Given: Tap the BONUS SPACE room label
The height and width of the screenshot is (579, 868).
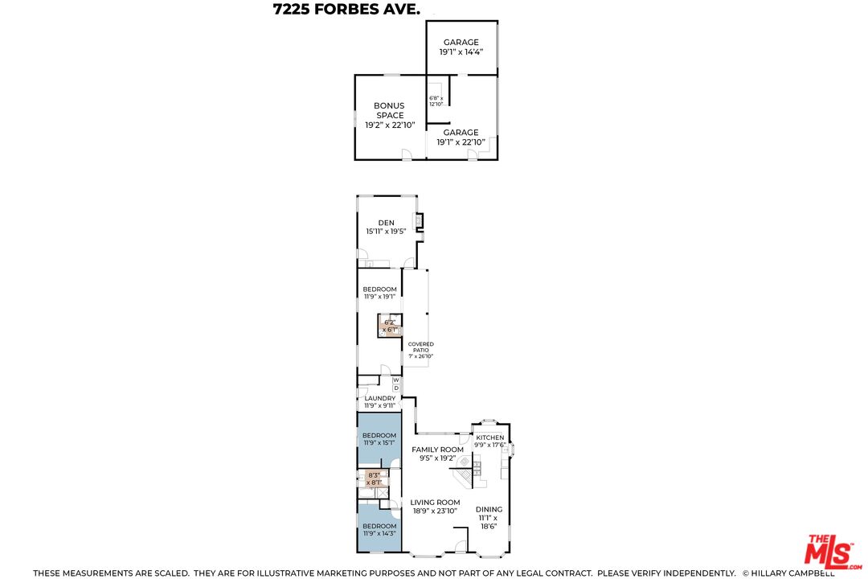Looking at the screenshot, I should (389, 115).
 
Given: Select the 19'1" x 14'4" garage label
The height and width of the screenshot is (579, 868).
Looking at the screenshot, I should (461, 47).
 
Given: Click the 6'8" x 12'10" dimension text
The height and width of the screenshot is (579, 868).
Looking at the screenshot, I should (436, 101).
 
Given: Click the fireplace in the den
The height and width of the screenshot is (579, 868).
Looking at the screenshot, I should (418, 220).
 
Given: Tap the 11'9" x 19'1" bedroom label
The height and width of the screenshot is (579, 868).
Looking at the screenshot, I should (379, 293).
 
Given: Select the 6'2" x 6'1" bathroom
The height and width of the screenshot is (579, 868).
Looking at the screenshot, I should (390, 326).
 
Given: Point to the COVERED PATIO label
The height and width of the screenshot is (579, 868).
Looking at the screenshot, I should (420, 350).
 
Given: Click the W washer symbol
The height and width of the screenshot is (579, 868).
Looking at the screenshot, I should (395, 380).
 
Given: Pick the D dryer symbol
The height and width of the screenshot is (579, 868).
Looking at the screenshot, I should (395, 388).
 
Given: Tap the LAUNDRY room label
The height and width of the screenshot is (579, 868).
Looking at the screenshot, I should (379, 401).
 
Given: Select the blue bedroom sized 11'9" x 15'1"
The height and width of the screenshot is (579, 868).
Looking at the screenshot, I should (379, 439).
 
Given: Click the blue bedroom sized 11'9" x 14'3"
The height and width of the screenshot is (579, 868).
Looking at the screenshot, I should (379, 529).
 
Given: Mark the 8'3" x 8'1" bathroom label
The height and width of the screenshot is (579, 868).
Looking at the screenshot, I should (373, 479).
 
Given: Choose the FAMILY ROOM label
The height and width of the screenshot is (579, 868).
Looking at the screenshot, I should (437, 454).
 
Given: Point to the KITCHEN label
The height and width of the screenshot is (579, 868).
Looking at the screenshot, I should (489, 441).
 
